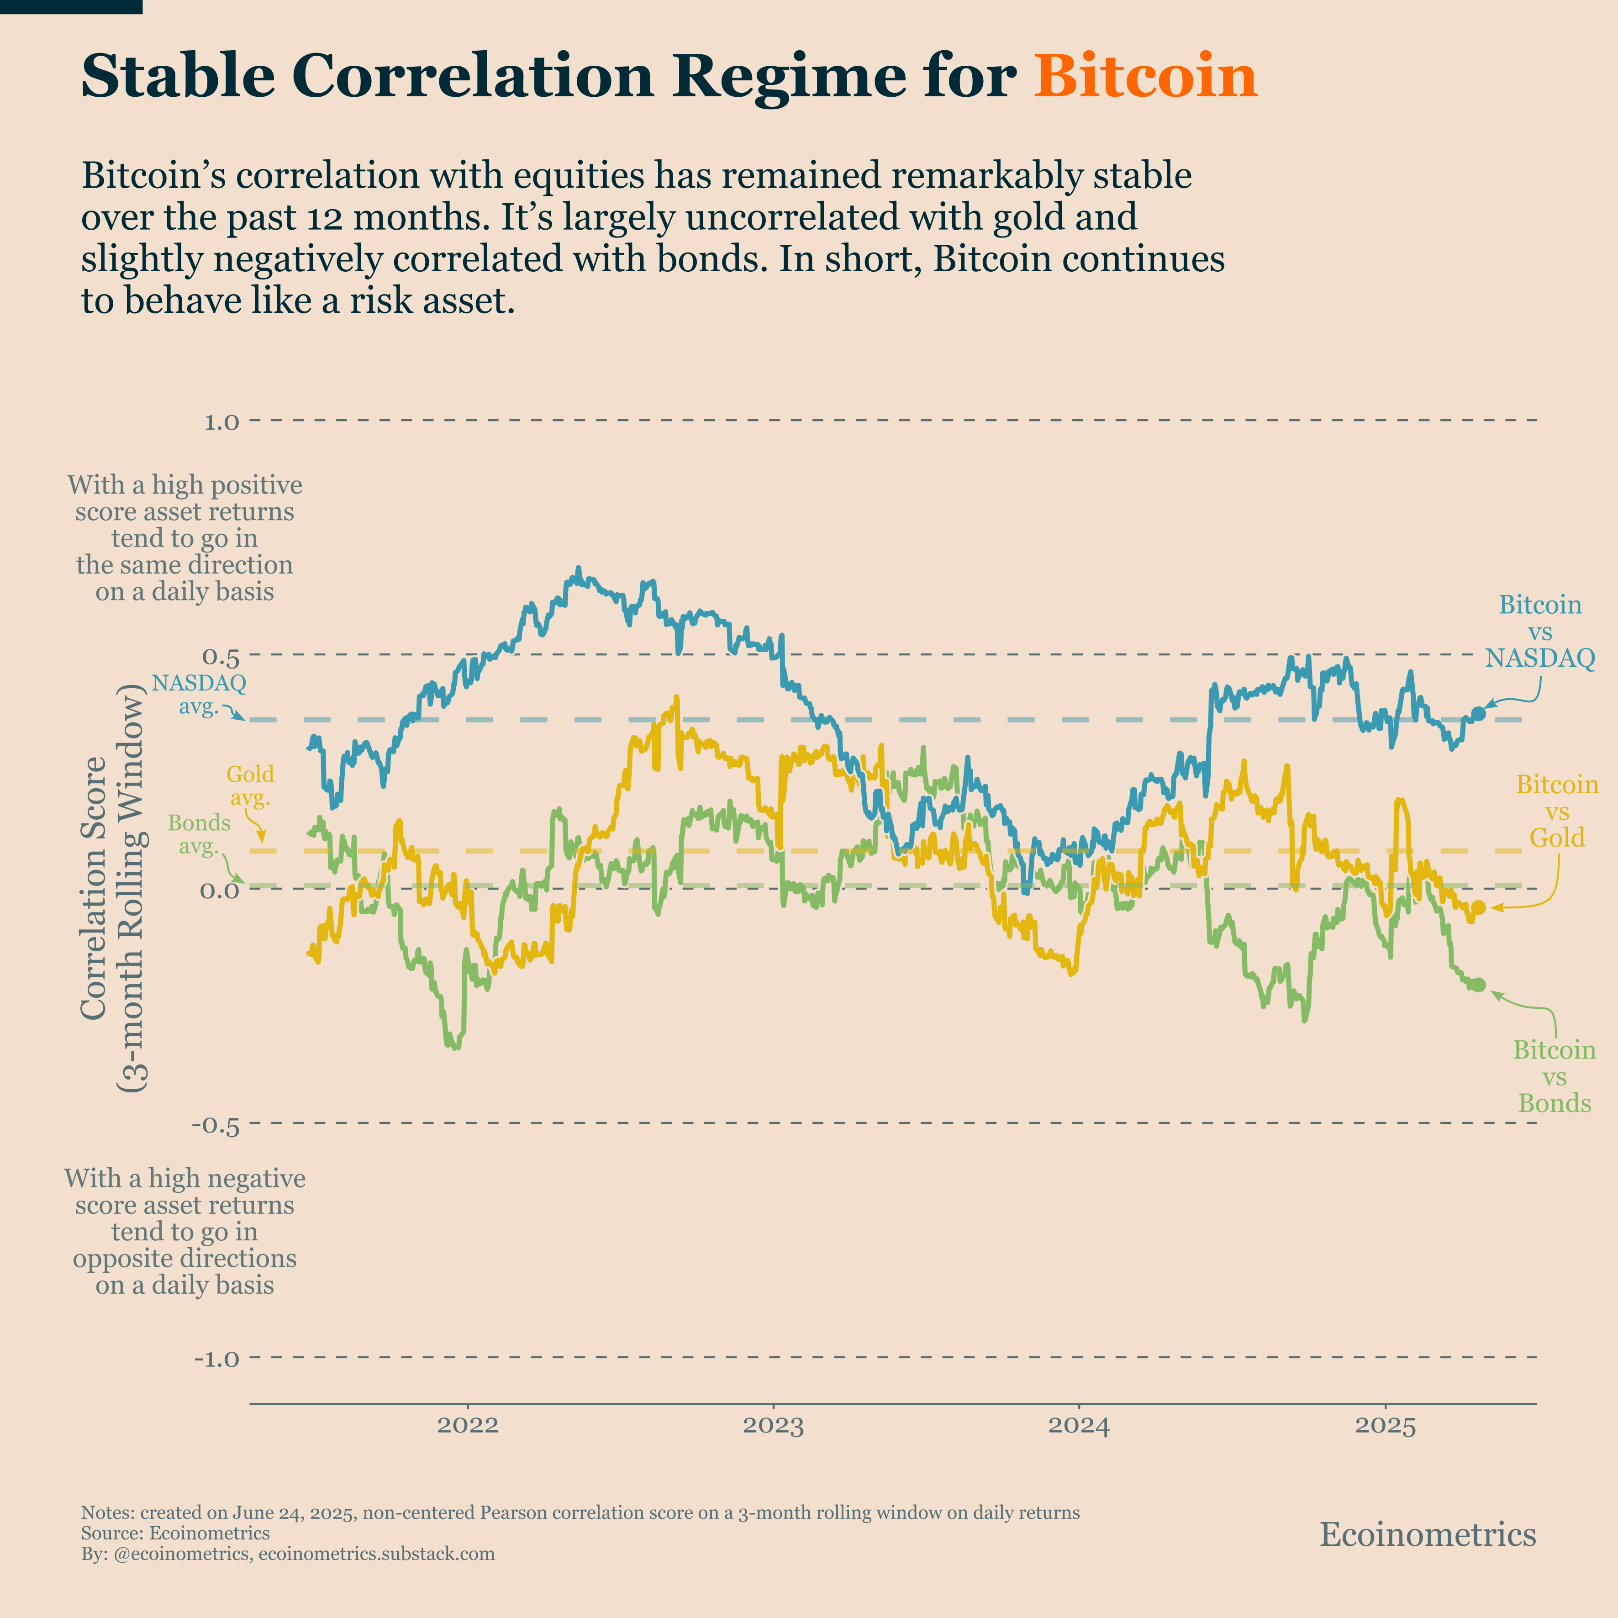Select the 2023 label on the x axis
coord(773,1425)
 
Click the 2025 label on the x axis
coord(1385,1425)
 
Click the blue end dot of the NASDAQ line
coord(1478,713)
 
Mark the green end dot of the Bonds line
coord(1478,985)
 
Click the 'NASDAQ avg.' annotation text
coord(199,694)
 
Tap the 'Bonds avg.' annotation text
coord(199,834)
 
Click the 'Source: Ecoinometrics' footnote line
coord(175,1534)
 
